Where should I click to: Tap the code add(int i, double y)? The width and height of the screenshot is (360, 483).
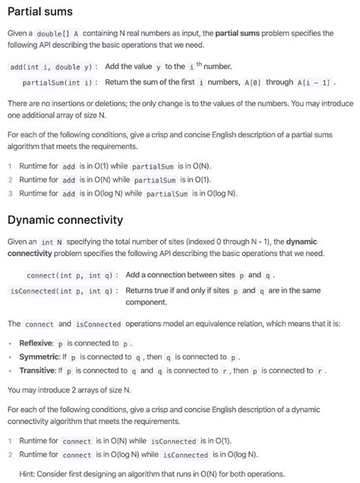51,67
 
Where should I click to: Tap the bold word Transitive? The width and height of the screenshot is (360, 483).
37,371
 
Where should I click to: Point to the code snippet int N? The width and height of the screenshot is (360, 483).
52,241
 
